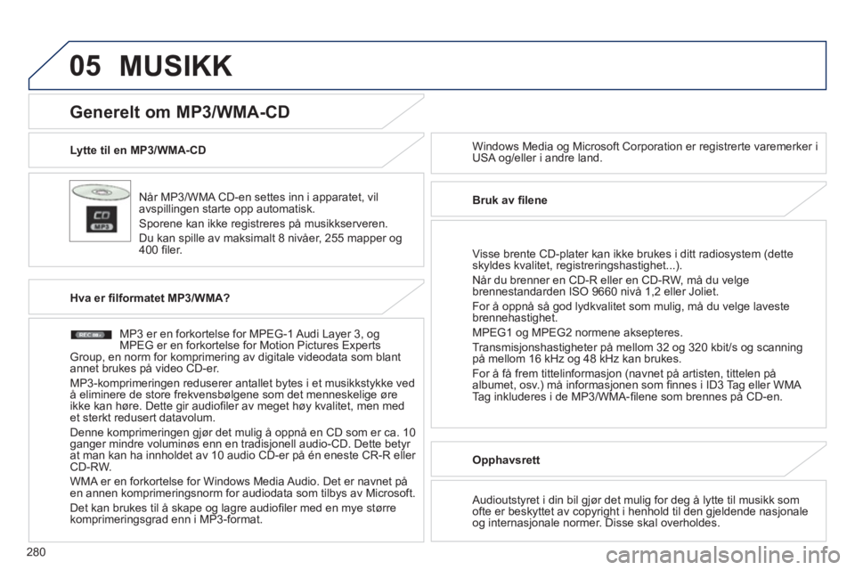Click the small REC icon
(x=89, y=334)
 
